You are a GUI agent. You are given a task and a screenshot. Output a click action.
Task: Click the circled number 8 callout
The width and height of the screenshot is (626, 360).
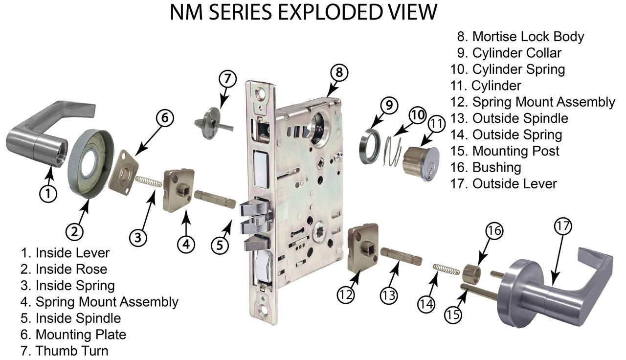click(x=339, y=72)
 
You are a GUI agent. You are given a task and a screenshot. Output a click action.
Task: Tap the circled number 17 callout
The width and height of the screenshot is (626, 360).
click(x=562, y=226)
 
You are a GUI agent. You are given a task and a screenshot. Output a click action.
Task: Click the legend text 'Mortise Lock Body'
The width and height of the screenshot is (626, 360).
click(x=528, y=36)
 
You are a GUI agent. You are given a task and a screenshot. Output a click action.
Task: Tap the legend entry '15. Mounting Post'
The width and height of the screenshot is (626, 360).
click(x=508, y=151)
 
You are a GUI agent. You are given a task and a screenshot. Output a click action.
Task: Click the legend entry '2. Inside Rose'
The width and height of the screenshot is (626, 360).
click(x=64, y=269)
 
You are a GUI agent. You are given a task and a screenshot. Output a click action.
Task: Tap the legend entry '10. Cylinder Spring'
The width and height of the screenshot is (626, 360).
click(x=508, y=69)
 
